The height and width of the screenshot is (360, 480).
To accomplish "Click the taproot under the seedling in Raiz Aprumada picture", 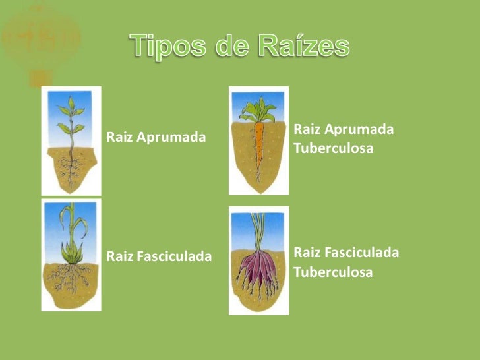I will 71,168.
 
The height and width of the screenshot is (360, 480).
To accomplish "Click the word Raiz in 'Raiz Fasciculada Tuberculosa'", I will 307,253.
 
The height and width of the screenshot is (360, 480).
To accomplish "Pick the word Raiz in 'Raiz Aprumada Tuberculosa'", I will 307,129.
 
